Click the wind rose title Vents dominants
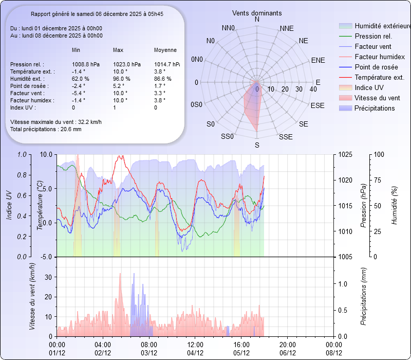(x=257, y=12)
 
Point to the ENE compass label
(x=318, y=60)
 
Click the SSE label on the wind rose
(x=286, y=137)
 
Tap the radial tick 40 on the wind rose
(x=313, y=89)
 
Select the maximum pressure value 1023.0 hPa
(x=126, y=64)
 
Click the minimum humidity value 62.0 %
(x=81, y=79)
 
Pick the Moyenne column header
(x=165, y=50)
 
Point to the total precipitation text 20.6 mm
(x=46, y=130)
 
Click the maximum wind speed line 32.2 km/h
(x=56, y=122)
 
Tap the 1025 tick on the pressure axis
(x=345, y=154)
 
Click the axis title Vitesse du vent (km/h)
(x=32, y=296)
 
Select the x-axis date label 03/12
(x=149, y=353)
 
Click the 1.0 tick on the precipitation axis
(x=342, y=284)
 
